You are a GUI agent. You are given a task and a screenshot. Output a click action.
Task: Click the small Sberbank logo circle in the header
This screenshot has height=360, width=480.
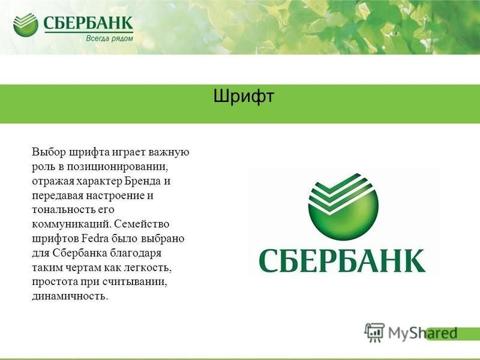26,25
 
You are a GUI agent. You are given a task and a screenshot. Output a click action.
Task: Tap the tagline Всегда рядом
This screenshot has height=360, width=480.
109,38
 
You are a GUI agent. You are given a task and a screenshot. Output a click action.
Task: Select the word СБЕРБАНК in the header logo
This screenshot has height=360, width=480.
88,23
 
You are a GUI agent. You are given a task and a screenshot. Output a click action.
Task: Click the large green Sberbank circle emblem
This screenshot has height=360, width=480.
343,206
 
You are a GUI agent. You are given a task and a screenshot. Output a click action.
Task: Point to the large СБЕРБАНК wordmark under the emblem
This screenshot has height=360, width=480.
342,261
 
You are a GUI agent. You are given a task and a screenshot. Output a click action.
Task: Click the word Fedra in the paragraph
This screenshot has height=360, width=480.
95,238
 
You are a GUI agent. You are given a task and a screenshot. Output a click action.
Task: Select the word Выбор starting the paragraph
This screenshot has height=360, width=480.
49,152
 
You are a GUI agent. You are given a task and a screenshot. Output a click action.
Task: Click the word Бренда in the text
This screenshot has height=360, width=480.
143,181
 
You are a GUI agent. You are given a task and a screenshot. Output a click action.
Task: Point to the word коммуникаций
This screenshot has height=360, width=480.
71,224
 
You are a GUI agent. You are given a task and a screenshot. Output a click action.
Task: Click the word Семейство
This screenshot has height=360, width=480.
142,224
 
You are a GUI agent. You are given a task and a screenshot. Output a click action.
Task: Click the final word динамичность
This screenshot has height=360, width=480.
70,296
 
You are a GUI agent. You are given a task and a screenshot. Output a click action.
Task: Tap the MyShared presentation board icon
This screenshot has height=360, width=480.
374,333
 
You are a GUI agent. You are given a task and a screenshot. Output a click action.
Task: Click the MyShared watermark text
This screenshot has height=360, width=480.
423,333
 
